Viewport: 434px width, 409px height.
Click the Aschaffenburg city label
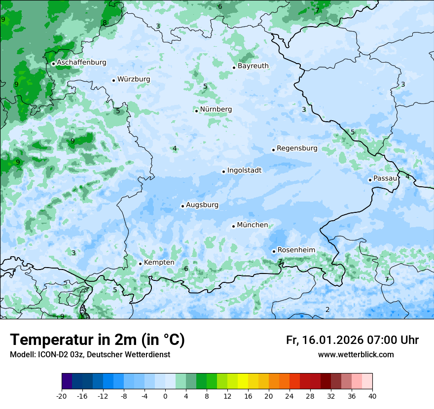coord(81,63)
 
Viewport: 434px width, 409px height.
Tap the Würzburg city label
coord(134,79)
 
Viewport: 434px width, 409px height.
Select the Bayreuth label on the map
coord(253,66)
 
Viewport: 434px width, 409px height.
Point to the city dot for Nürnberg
coord(196,111)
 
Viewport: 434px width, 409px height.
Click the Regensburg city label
coord(297,148)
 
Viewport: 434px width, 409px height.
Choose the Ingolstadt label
coord(244,170)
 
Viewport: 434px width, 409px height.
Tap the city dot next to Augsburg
coord(182,206)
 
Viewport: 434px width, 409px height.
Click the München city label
coord(253,225)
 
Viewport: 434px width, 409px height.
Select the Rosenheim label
coord(296,250)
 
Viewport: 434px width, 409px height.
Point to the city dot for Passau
coord(370,180)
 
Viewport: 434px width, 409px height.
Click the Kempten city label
coord(159,263)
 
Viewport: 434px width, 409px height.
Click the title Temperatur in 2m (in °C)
coord(97,340)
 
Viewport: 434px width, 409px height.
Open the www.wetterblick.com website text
coord(356,355)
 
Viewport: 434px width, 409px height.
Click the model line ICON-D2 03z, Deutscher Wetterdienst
coord(90,355)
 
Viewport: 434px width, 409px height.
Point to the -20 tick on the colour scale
coord(62,396)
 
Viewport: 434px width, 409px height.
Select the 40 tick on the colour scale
coord(372,396)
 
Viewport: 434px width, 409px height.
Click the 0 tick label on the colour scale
coord(165,396)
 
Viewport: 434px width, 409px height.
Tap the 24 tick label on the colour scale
coord(289,396)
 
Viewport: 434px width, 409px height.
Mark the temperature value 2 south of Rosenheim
coord(327,309)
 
